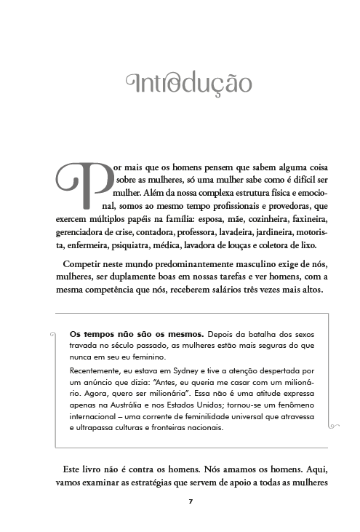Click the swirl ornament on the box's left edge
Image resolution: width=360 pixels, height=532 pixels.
pos(54,336)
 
